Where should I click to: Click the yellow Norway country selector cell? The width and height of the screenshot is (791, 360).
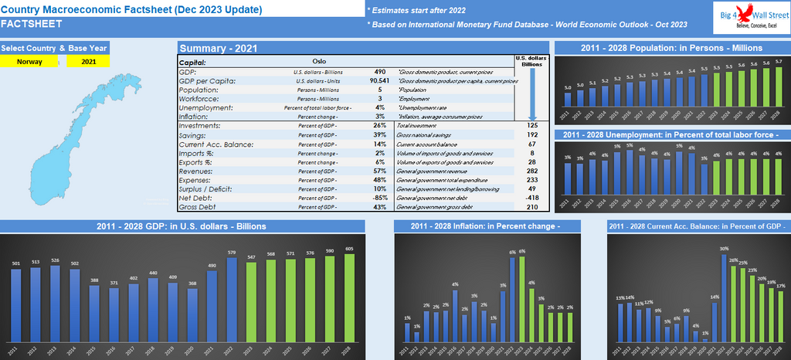click(29, 62)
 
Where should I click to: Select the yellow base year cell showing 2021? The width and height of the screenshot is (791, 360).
click(88, 62)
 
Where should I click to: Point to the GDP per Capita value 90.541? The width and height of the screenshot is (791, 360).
click(379, 80)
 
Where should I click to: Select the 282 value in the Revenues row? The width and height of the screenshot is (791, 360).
click(532, 171)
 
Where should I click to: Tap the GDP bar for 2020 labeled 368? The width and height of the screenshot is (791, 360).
click(193, 316)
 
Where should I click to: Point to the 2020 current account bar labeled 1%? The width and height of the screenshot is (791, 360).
click(705, 338)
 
